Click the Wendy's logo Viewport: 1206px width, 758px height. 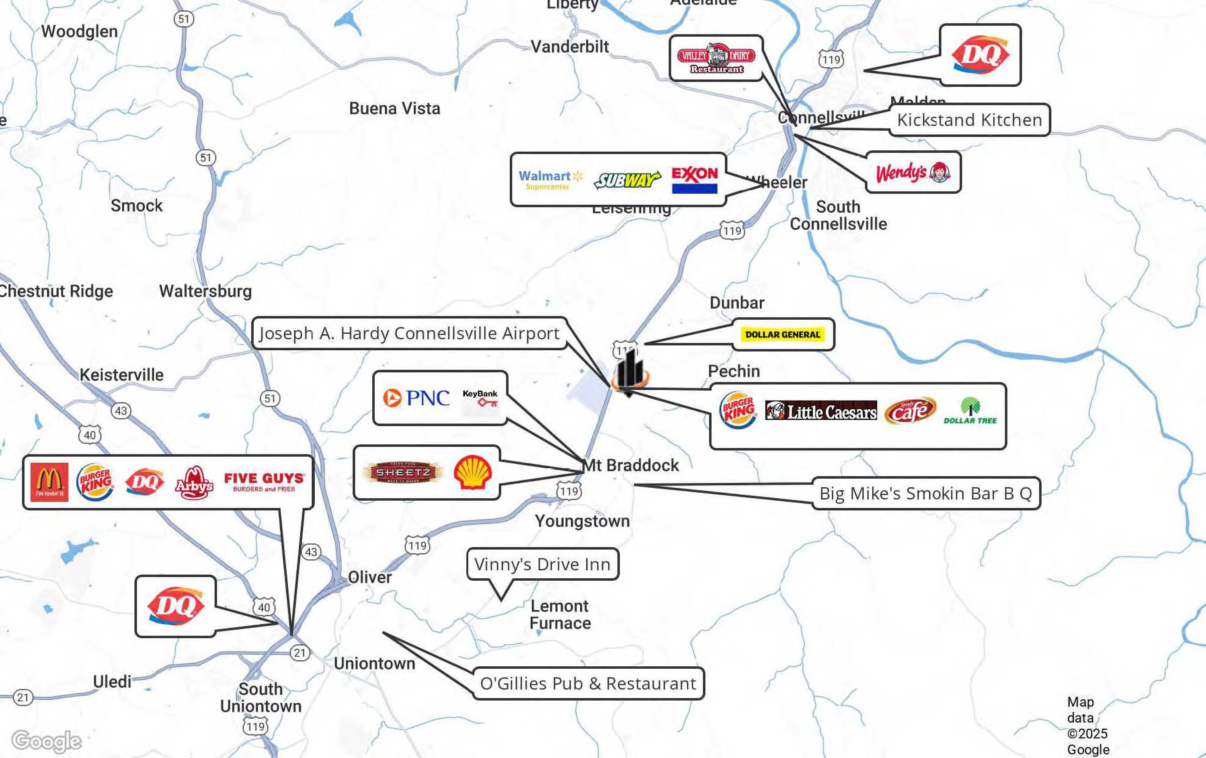point(913,173)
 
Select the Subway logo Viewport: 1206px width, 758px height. point(627,179)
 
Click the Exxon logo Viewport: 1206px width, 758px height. point(694,179)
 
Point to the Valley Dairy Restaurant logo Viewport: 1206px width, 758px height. point(716,58)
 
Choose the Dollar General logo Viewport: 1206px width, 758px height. point(782,334)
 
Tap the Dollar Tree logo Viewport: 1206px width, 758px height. point(970,411)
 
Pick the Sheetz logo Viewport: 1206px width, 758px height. point(403,472)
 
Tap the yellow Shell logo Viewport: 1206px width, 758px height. point(472,472)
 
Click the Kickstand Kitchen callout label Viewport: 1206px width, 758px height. point(969,120)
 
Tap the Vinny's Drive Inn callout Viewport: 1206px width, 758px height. point(542,564)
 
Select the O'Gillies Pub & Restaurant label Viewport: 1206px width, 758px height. point(588,683)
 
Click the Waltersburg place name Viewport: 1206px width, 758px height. point(205,291)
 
